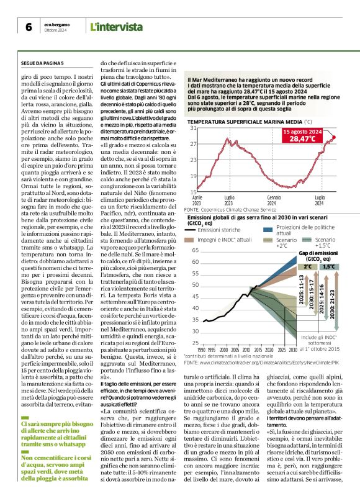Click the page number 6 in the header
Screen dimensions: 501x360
[x=29, y=27]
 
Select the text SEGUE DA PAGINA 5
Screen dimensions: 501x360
[x=43, y=63]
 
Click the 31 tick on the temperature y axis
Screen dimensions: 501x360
[x=192, y=128]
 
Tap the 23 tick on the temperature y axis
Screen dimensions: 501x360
[x=192, y=160]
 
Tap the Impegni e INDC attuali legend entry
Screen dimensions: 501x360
[x=225, y=239]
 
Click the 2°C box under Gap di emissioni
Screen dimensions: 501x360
[x=308, y=266]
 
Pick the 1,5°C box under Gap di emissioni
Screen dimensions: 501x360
[x=329, y=266]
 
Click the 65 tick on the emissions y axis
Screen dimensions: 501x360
[x=194, y=250]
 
